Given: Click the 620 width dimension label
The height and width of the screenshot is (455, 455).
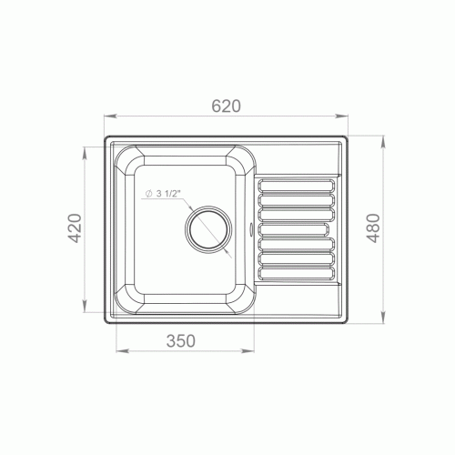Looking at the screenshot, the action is (x=226, y=106).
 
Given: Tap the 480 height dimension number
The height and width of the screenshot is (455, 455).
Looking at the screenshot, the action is (x=373, y=228).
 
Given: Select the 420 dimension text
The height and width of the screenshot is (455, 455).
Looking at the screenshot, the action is (x=75, y=228).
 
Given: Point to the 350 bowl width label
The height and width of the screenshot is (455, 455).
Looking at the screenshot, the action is (x=181, y=340).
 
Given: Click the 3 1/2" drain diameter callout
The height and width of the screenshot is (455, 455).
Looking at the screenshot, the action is (x=163, y=194).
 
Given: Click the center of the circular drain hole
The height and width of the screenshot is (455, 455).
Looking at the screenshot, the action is (x=208, y=229).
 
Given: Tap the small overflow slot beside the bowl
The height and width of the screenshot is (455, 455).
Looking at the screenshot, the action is (x=251, y=229).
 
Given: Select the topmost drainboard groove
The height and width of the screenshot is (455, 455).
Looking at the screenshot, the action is (x=296, y=186).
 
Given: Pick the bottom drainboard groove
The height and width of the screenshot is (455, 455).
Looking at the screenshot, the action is (x=296, y=273).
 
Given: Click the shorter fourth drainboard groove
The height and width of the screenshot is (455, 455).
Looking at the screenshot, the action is (x=293, y=229).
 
